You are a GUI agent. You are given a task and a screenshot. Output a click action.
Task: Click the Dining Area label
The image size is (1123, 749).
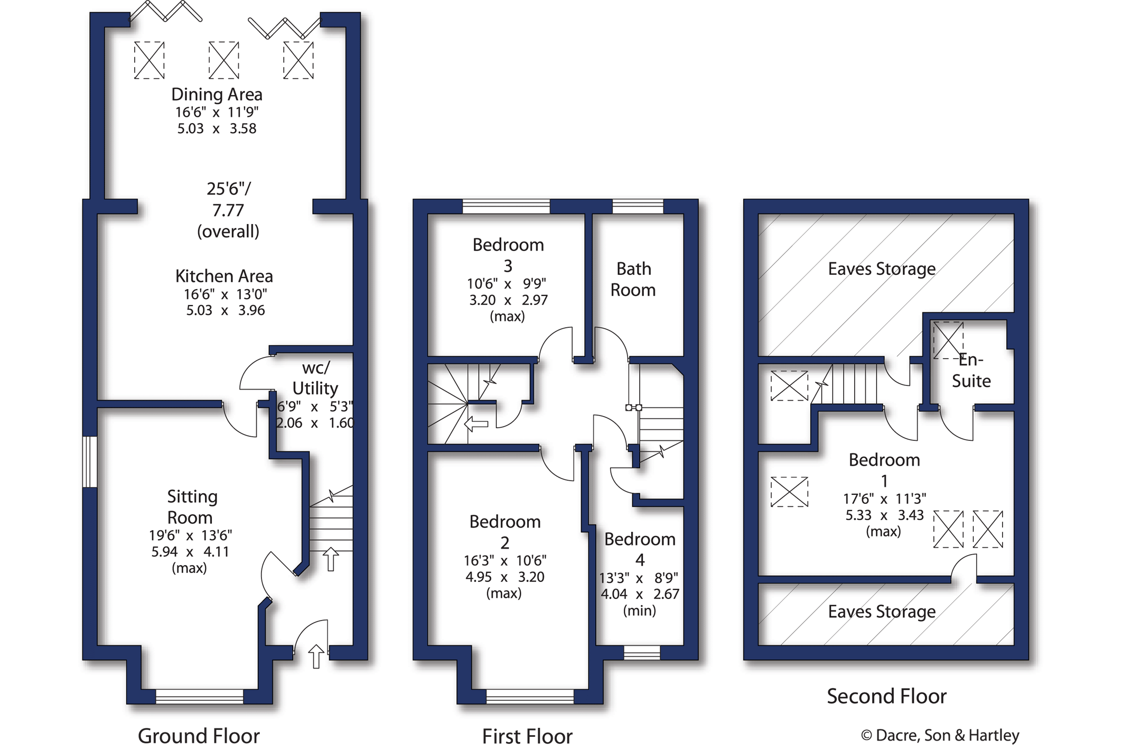click(217, 95)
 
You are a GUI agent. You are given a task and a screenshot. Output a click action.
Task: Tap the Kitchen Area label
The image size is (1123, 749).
click(224, 276)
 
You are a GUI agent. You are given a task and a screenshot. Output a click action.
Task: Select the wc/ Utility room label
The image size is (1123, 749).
click(315, 378)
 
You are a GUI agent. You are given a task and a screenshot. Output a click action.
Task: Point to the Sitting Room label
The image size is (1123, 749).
click(192, 506)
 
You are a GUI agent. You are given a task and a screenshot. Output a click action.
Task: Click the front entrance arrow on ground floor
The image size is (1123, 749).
click(316, 656)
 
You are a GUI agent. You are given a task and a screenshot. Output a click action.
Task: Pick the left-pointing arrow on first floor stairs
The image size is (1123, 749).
click(476, 424)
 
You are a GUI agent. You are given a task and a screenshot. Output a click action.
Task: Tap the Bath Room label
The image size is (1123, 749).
click(633, 279)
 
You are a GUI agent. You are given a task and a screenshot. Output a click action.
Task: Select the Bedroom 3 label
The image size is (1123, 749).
click(508, 255)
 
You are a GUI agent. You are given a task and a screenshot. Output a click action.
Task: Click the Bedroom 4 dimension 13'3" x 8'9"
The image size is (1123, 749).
click(639, 578)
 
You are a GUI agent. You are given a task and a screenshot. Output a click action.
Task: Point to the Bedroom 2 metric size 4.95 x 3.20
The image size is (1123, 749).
click(504, 577)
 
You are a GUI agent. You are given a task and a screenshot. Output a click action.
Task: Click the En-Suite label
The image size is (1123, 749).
click(971, 370)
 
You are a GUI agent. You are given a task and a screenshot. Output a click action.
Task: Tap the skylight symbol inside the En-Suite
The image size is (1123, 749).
click(948, 340)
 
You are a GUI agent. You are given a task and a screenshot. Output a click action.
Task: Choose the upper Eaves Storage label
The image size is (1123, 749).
click(882, 269)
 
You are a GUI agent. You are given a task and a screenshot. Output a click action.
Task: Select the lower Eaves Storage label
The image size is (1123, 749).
click(882, 612)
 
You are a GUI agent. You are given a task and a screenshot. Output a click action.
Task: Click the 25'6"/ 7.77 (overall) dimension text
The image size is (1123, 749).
click(228, 210)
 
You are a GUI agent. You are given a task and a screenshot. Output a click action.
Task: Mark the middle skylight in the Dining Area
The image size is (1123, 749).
click(224, 60)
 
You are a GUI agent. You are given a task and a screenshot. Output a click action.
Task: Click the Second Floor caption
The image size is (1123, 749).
click(886, 696)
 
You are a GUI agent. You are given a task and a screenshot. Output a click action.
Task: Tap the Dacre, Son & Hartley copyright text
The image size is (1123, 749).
click(940, 735)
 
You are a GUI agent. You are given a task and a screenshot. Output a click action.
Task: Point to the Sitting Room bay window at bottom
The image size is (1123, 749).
click(199, 696)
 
